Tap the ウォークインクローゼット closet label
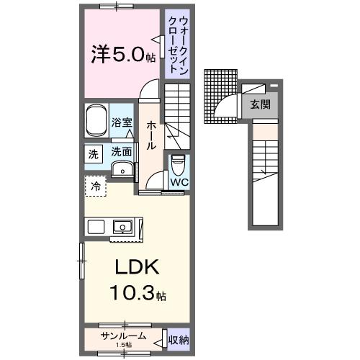(174, 45)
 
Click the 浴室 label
(122, 123)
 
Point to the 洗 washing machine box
(93, 153)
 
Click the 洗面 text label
(121, 153)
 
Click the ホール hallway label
(151, 135)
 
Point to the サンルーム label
(123, 336)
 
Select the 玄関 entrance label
(260, 104)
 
